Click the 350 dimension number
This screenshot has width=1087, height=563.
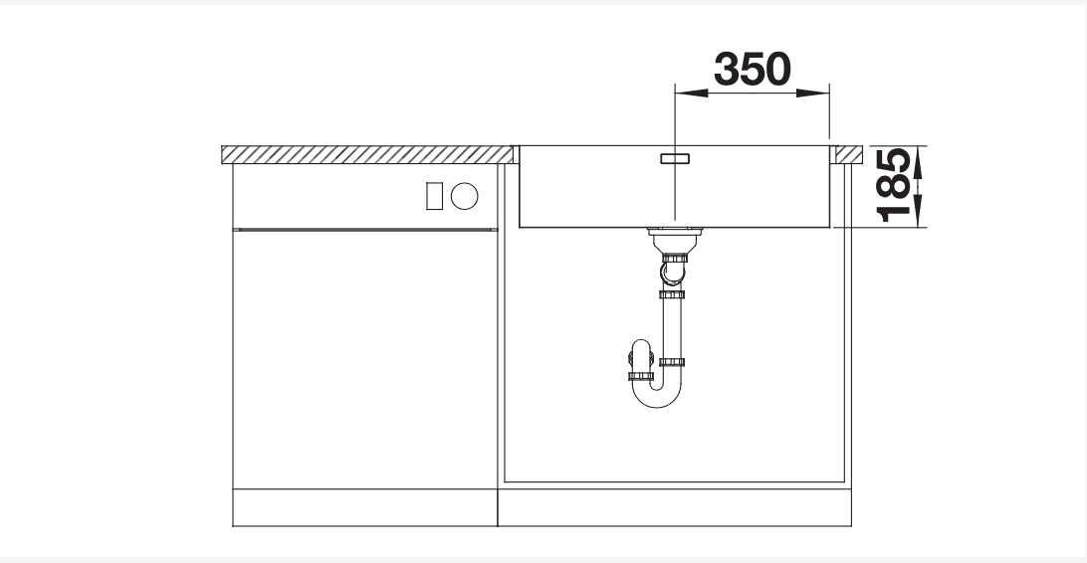coord(753,69)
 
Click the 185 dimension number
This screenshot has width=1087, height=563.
coord(894,186)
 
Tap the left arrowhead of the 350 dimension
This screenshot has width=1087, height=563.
coord(691,93)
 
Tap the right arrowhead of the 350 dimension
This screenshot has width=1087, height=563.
coord(813,93)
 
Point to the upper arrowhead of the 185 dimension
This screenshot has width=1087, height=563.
coord(919,162)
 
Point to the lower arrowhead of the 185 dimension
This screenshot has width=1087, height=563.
coord(919,211)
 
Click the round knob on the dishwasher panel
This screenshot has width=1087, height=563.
coord(465,196)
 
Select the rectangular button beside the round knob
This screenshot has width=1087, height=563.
coord(434,196)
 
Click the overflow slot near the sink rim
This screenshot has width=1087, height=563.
coord(675,158)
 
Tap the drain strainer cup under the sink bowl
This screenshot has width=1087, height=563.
coord(675,241)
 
